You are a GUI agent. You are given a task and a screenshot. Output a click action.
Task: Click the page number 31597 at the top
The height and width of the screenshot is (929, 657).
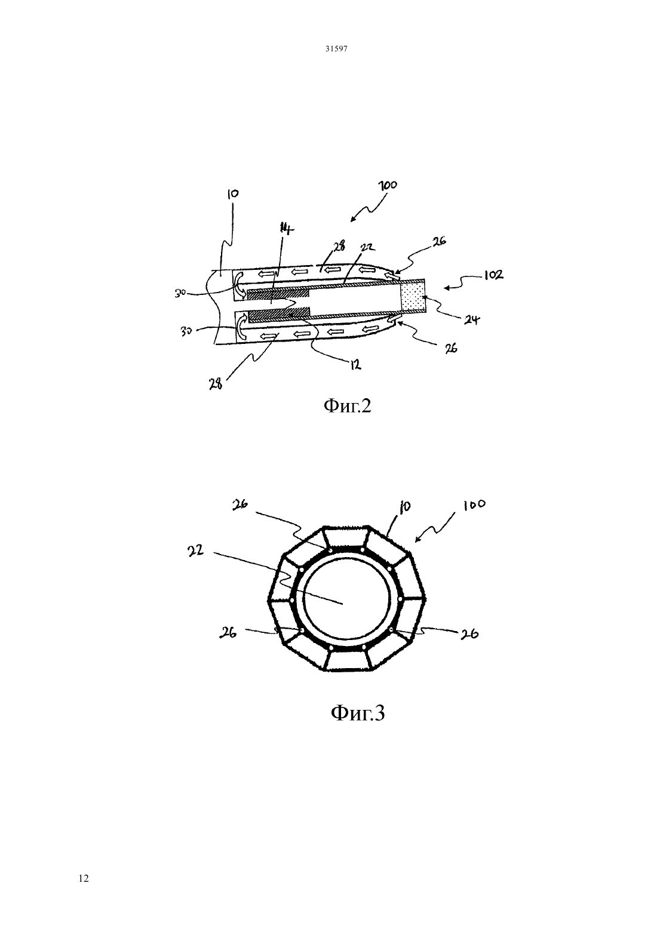336,48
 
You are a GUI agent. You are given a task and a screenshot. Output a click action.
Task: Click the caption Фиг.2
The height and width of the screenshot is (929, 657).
347,405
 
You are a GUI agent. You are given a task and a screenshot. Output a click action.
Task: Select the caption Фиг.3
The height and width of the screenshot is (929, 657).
358,713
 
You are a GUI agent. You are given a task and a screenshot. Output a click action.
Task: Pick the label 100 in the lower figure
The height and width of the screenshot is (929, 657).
474,505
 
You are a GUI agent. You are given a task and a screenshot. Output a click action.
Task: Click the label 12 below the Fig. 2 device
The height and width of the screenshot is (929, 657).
355,365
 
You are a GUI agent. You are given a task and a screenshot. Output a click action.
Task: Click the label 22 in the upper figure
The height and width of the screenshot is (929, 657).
367,248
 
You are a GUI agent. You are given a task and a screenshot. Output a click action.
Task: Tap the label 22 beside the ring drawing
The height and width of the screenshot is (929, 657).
195,550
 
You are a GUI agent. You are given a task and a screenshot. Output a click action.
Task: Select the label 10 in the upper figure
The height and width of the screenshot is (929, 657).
233,195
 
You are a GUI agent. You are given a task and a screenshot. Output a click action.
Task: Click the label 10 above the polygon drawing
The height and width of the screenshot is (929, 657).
405,507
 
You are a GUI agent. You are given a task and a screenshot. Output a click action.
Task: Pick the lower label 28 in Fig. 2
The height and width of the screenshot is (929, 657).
216,384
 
